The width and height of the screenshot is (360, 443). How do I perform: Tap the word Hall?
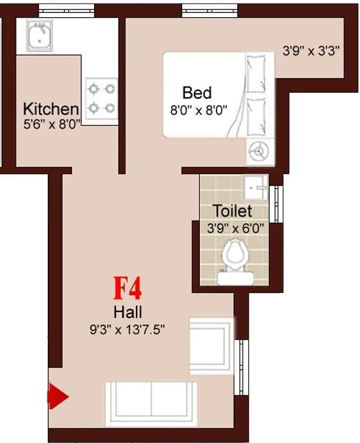127,312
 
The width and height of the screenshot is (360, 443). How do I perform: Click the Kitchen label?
51,109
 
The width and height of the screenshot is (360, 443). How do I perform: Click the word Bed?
197,93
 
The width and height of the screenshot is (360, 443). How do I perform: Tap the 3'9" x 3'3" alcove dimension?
310,51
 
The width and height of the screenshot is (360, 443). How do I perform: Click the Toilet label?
232,211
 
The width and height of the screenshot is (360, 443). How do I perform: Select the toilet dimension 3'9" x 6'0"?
235,228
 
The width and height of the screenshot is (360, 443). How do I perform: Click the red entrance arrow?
58,396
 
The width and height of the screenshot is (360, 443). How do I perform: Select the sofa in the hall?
151,403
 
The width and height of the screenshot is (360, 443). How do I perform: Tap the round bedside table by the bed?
258,152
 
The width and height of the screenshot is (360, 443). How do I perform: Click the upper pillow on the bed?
256,74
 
